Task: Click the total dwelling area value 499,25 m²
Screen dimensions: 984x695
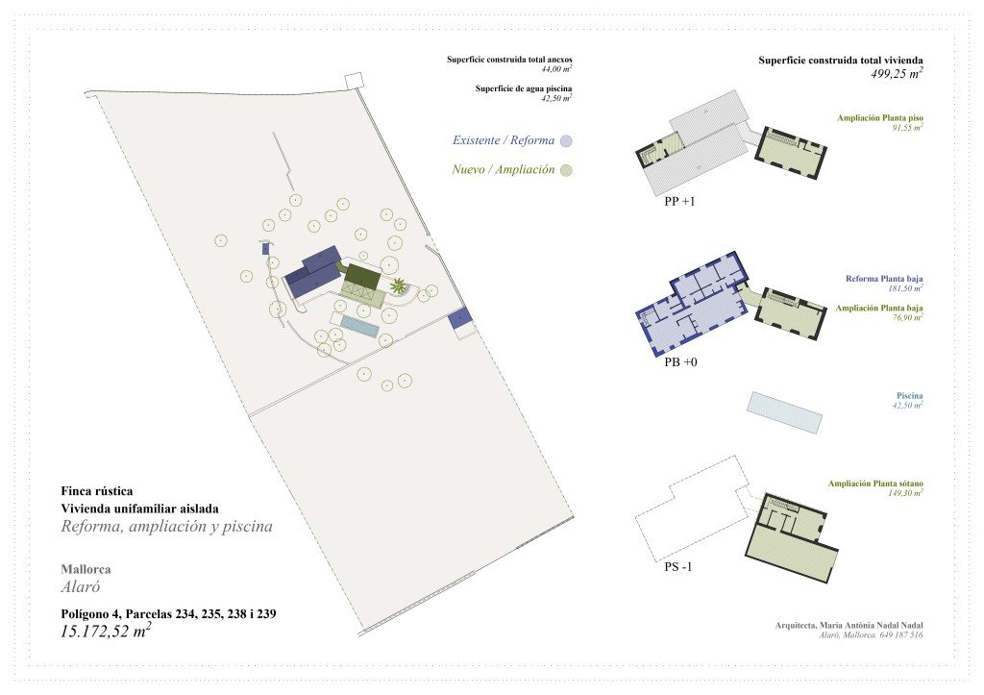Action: (x=897, y=73)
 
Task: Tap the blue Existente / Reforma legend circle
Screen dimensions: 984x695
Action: (x=567, y=140)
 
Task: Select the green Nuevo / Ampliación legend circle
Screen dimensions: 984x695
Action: (x=567, y=170)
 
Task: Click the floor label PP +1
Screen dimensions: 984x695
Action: (x=679, y=202)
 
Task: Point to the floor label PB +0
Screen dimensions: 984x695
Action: (x=680, y=362)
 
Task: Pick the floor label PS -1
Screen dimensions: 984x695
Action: (x=678, y=567)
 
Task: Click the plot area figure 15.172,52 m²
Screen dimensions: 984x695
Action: (x=106, y=631)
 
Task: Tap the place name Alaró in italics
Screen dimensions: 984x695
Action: (x=81, y=587)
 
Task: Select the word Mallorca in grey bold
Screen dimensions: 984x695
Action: (x=86, y=569)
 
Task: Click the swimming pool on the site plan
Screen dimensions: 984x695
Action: (x=360, y=326)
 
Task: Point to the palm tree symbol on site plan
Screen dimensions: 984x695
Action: (x=398, y=286)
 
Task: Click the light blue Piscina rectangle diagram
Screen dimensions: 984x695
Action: (x=784, y=412)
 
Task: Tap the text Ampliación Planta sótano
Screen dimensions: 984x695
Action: (x=875, y=484)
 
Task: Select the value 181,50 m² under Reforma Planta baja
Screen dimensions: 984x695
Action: (x=905, y=288)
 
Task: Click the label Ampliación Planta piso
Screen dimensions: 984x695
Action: (x=880, y=118)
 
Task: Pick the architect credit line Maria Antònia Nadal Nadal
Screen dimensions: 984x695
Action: (x=849, y=626)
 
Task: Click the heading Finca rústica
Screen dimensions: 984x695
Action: (x=97, y=491)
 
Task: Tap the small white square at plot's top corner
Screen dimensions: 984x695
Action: (x=354, y=81)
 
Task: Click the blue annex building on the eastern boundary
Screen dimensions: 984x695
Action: (x=460, y=317)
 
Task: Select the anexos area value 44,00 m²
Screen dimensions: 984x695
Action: (x=556, y=69)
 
